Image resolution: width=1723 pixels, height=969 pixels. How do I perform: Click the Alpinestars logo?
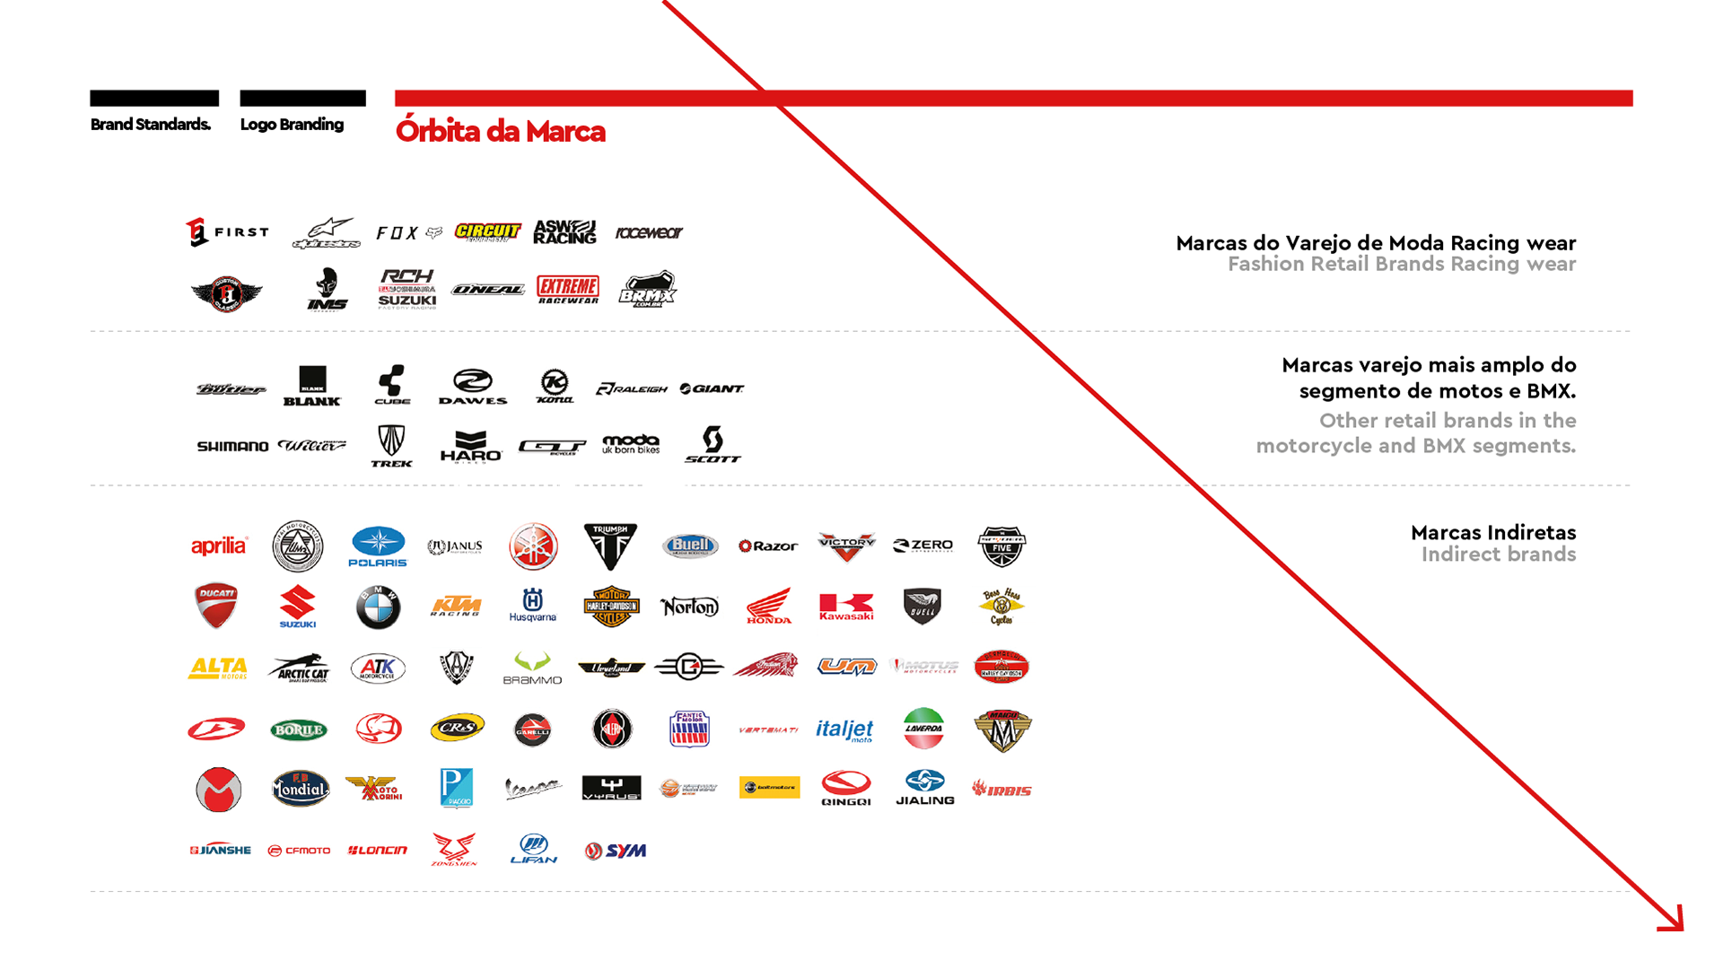pyautogui.click(x=326, y=232)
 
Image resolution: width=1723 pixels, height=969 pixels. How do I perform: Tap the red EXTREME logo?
pyautogui.click(x=567, y=288)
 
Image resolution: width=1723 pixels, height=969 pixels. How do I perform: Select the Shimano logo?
pyautogui.click(x=233, y=446)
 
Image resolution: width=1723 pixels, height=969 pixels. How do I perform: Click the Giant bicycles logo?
pyautogui.click(x=713, y=388)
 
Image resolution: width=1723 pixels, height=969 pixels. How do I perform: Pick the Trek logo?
pyautogui.click(x=390, y=447)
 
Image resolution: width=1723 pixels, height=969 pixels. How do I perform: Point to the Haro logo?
pyautogui.click(x=470, y=447)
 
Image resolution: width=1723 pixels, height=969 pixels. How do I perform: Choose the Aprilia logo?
pyautogui.click(x=219, y=546)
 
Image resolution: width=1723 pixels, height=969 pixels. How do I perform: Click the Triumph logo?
pyautogui.click(x=610, y=546)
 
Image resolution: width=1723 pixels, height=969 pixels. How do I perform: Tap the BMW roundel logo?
pyautogui.click(x=378, y=608)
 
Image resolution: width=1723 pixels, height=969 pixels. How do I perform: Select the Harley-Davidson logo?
pyautogui.click(x=611, y=607)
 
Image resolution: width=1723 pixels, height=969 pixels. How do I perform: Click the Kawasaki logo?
pyautogui.click(x=846, y=607)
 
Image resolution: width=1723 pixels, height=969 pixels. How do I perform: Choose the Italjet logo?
pyautogui.click(x=844, y=729)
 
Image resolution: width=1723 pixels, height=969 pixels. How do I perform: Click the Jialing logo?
pyautogui.click(x=924, y=789)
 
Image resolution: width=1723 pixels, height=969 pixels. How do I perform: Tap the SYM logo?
pyautogui.click(x=617, y=850)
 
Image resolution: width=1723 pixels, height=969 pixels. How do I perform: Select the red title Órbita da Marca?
pyautogui.click(x=500, y=131)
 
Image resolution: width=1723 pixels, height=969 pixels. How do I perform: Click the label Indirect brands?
pyautogui.click(x=1498, y=554)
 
